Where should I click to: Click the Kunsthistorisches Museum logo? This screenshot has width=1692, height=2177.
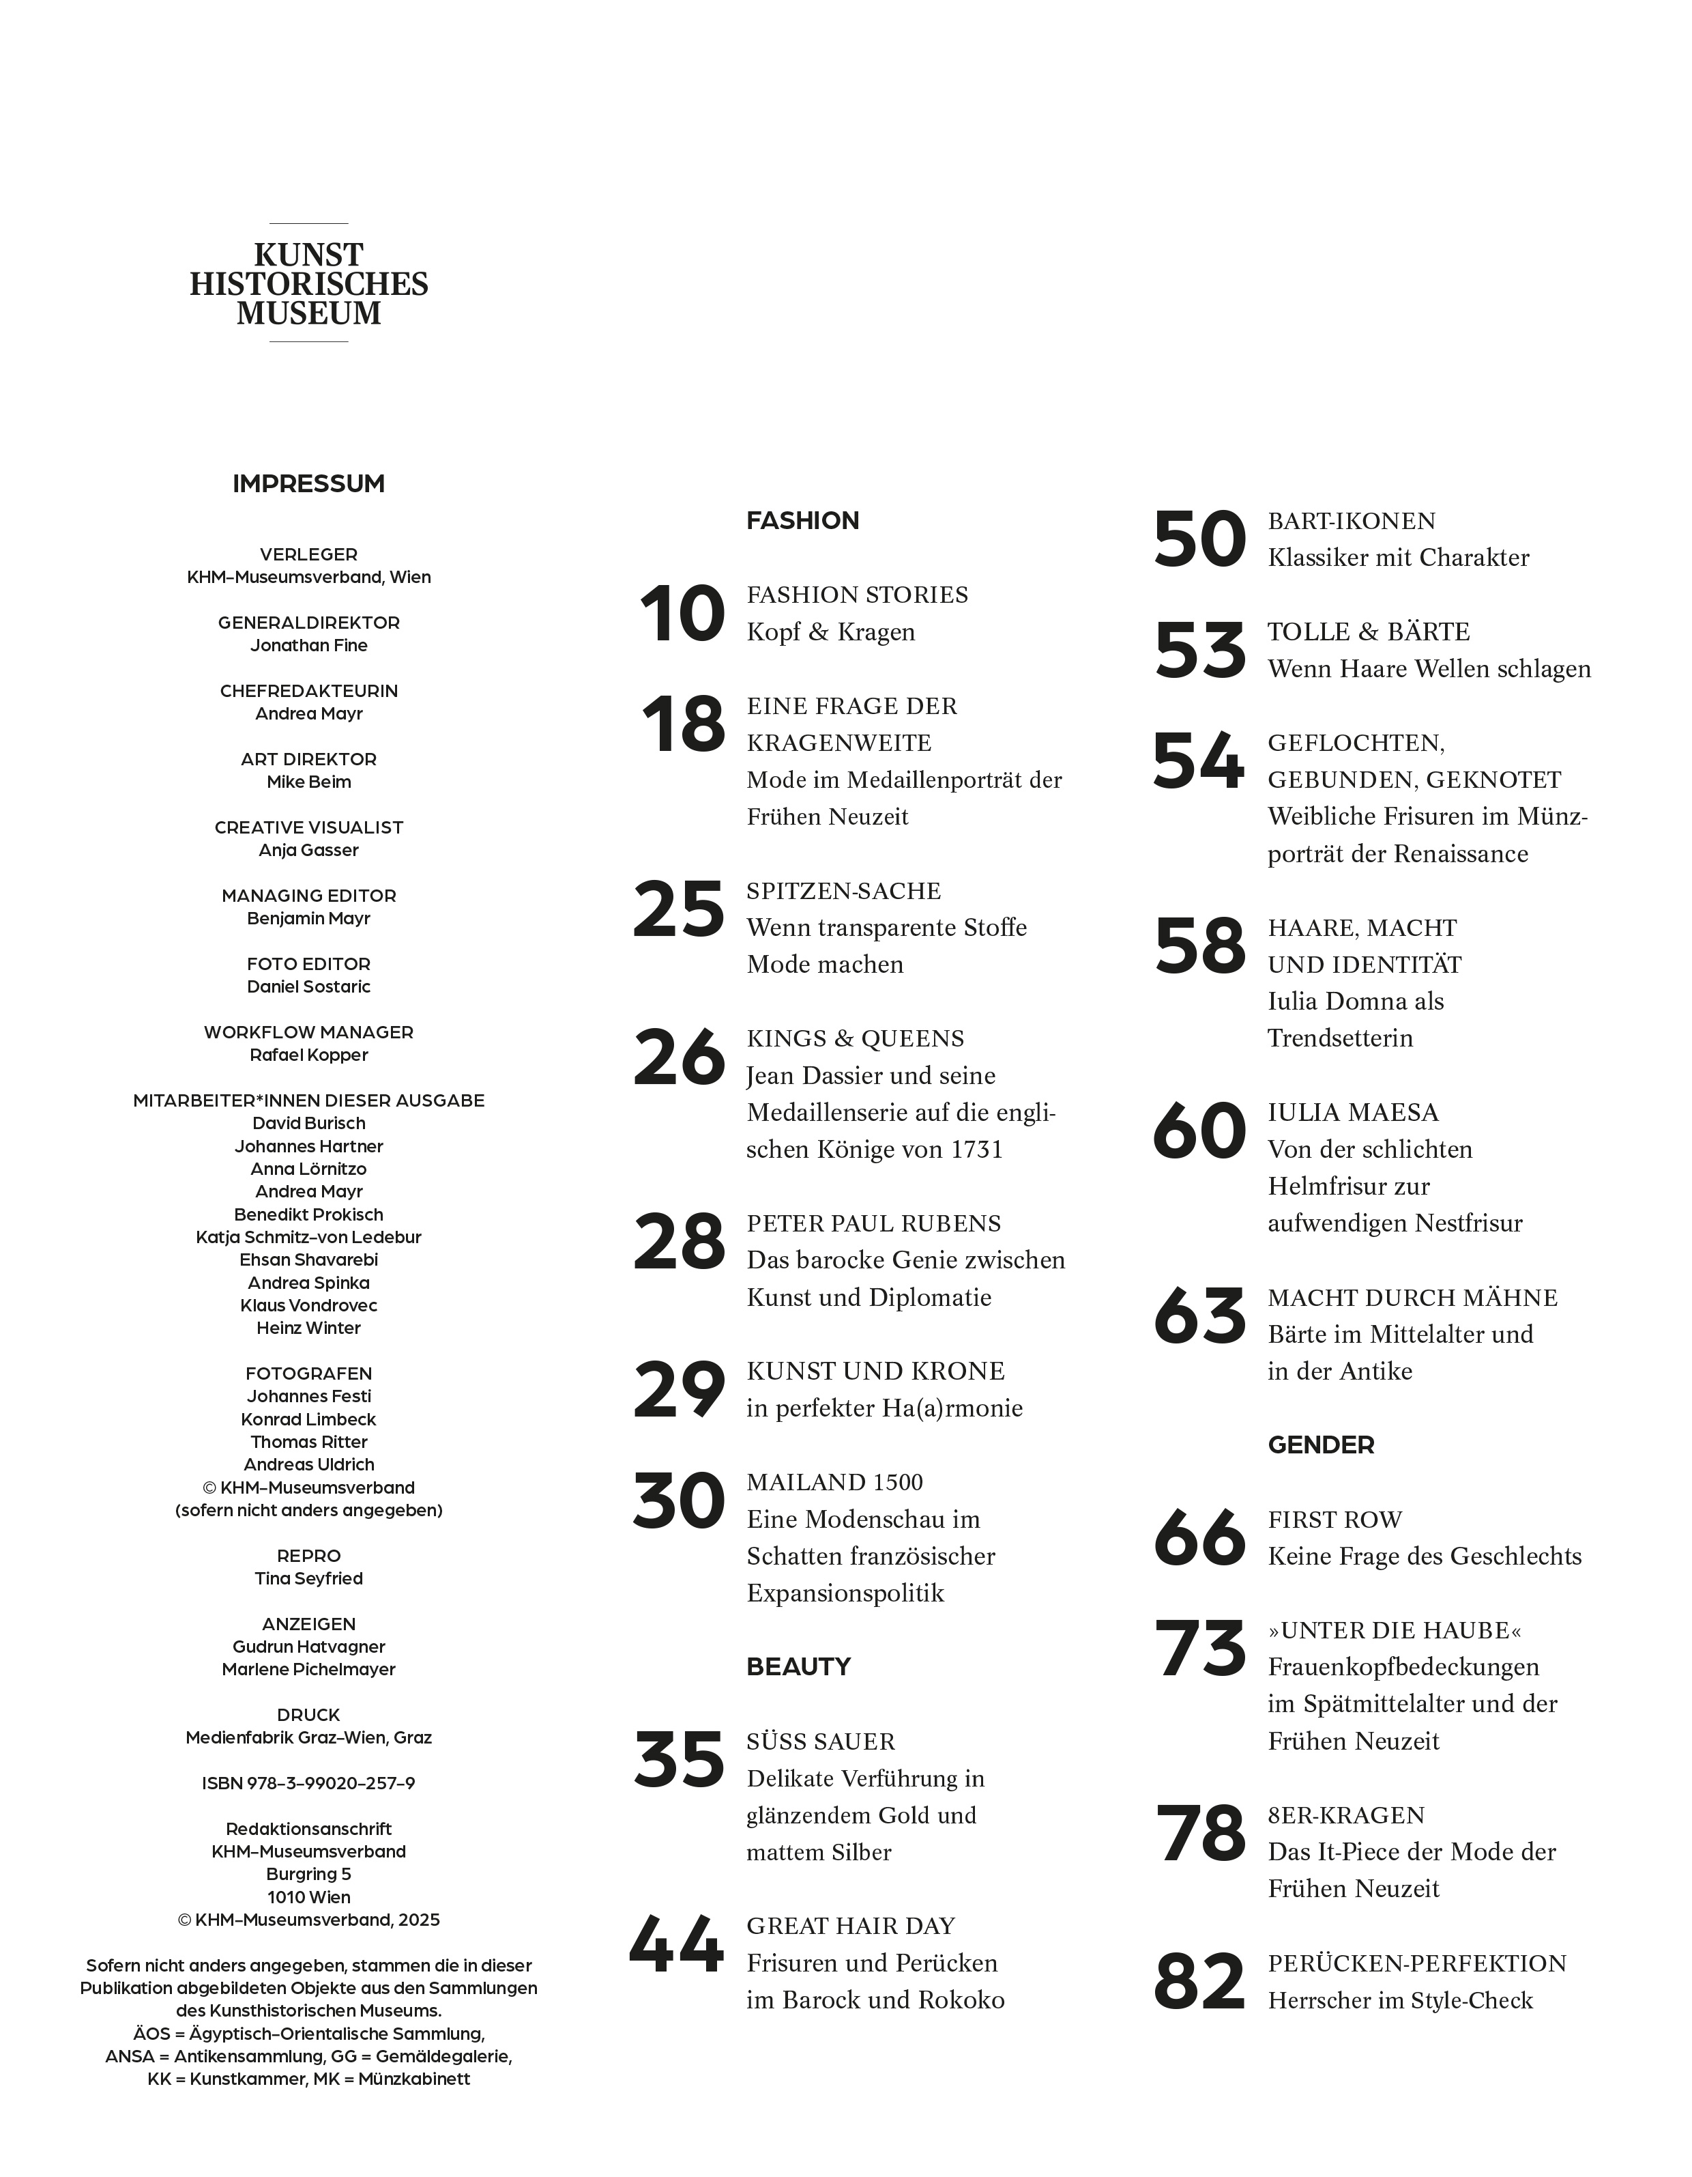pos(309,283)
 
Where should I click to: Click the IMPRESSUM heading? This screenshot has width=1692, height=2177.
pos(309,483)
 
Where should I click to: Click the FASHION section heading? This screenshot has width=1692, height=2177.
pos(802,520)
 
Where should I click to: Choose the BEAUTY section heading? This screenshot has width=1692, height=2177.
pos(798,1666)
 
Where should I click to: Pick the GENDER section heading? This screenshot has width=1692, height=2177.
pos(1320,1445)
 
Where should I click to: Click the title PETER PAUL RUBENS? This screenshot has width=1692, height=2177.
pos(874,1223)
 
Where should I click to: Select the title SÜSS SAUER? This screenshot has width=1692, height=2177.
pos(820,1741)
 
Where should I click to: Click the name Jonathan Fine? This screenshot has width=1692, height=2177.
pos(309,645)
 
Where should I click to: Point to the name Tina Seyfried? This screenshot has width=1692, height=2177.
pos(309,1578)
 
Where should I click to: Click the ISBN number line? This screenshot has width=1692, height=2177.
pos(309,1783)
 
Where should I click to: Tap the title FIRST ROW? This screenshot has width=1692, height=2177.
pos(1334,1519)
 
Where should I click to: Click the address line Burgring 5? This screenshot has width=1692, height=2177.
pos(309,1874)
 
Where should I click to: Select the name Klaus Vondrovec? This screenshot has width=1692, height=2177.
pos(309,1305)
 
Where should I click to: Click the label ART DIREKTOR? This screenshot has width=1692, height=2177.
pos(309,758)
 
